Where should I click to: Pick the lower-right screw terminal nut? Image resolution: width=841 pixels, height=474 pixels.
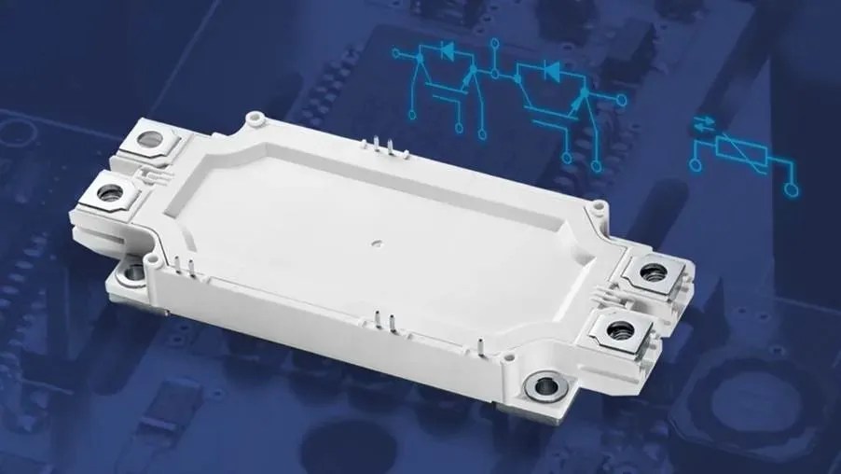tap(615, 329)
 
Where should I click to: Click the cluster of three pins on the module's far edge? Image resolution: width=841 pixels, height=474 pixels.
tap(377, 147)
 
